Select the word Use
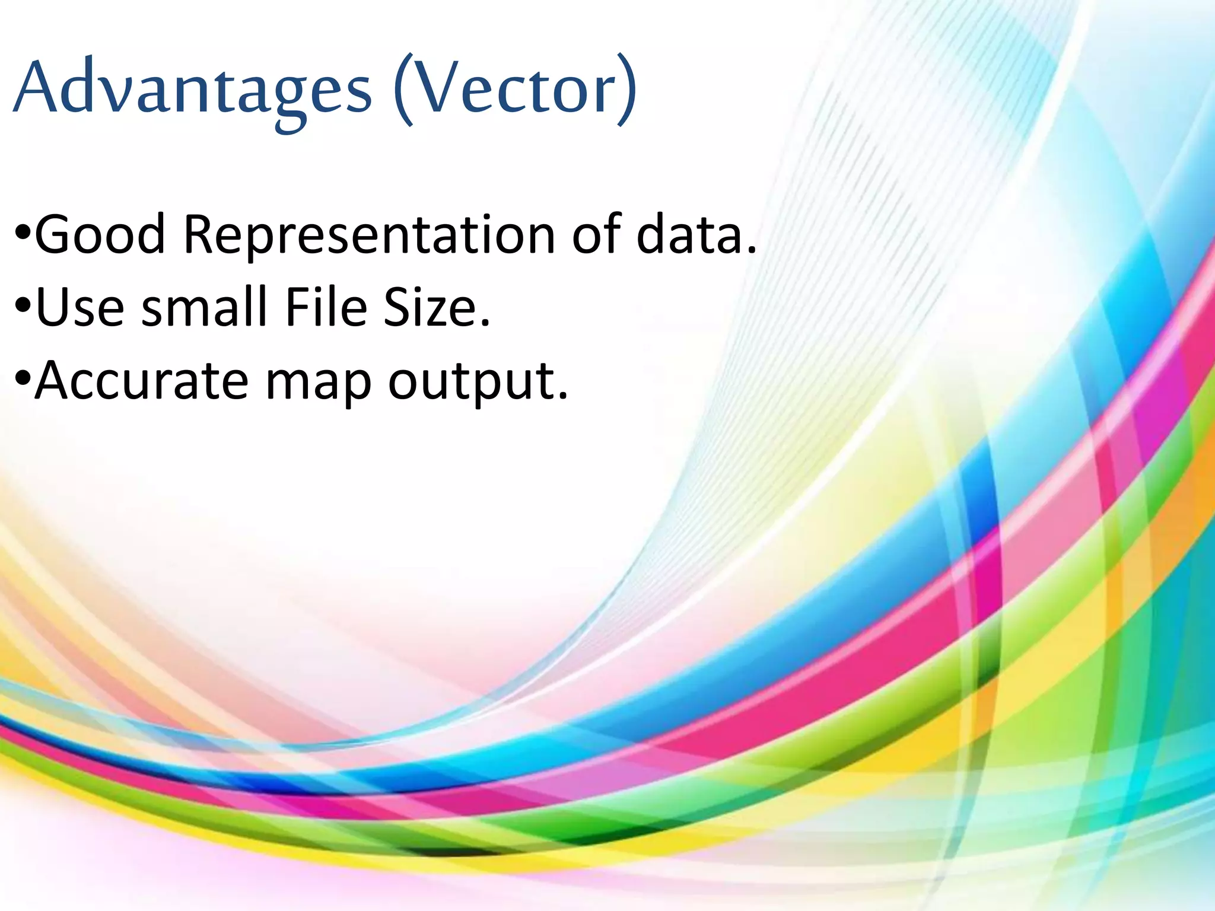80,308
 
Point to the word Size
430,308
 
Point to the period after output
563,396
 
